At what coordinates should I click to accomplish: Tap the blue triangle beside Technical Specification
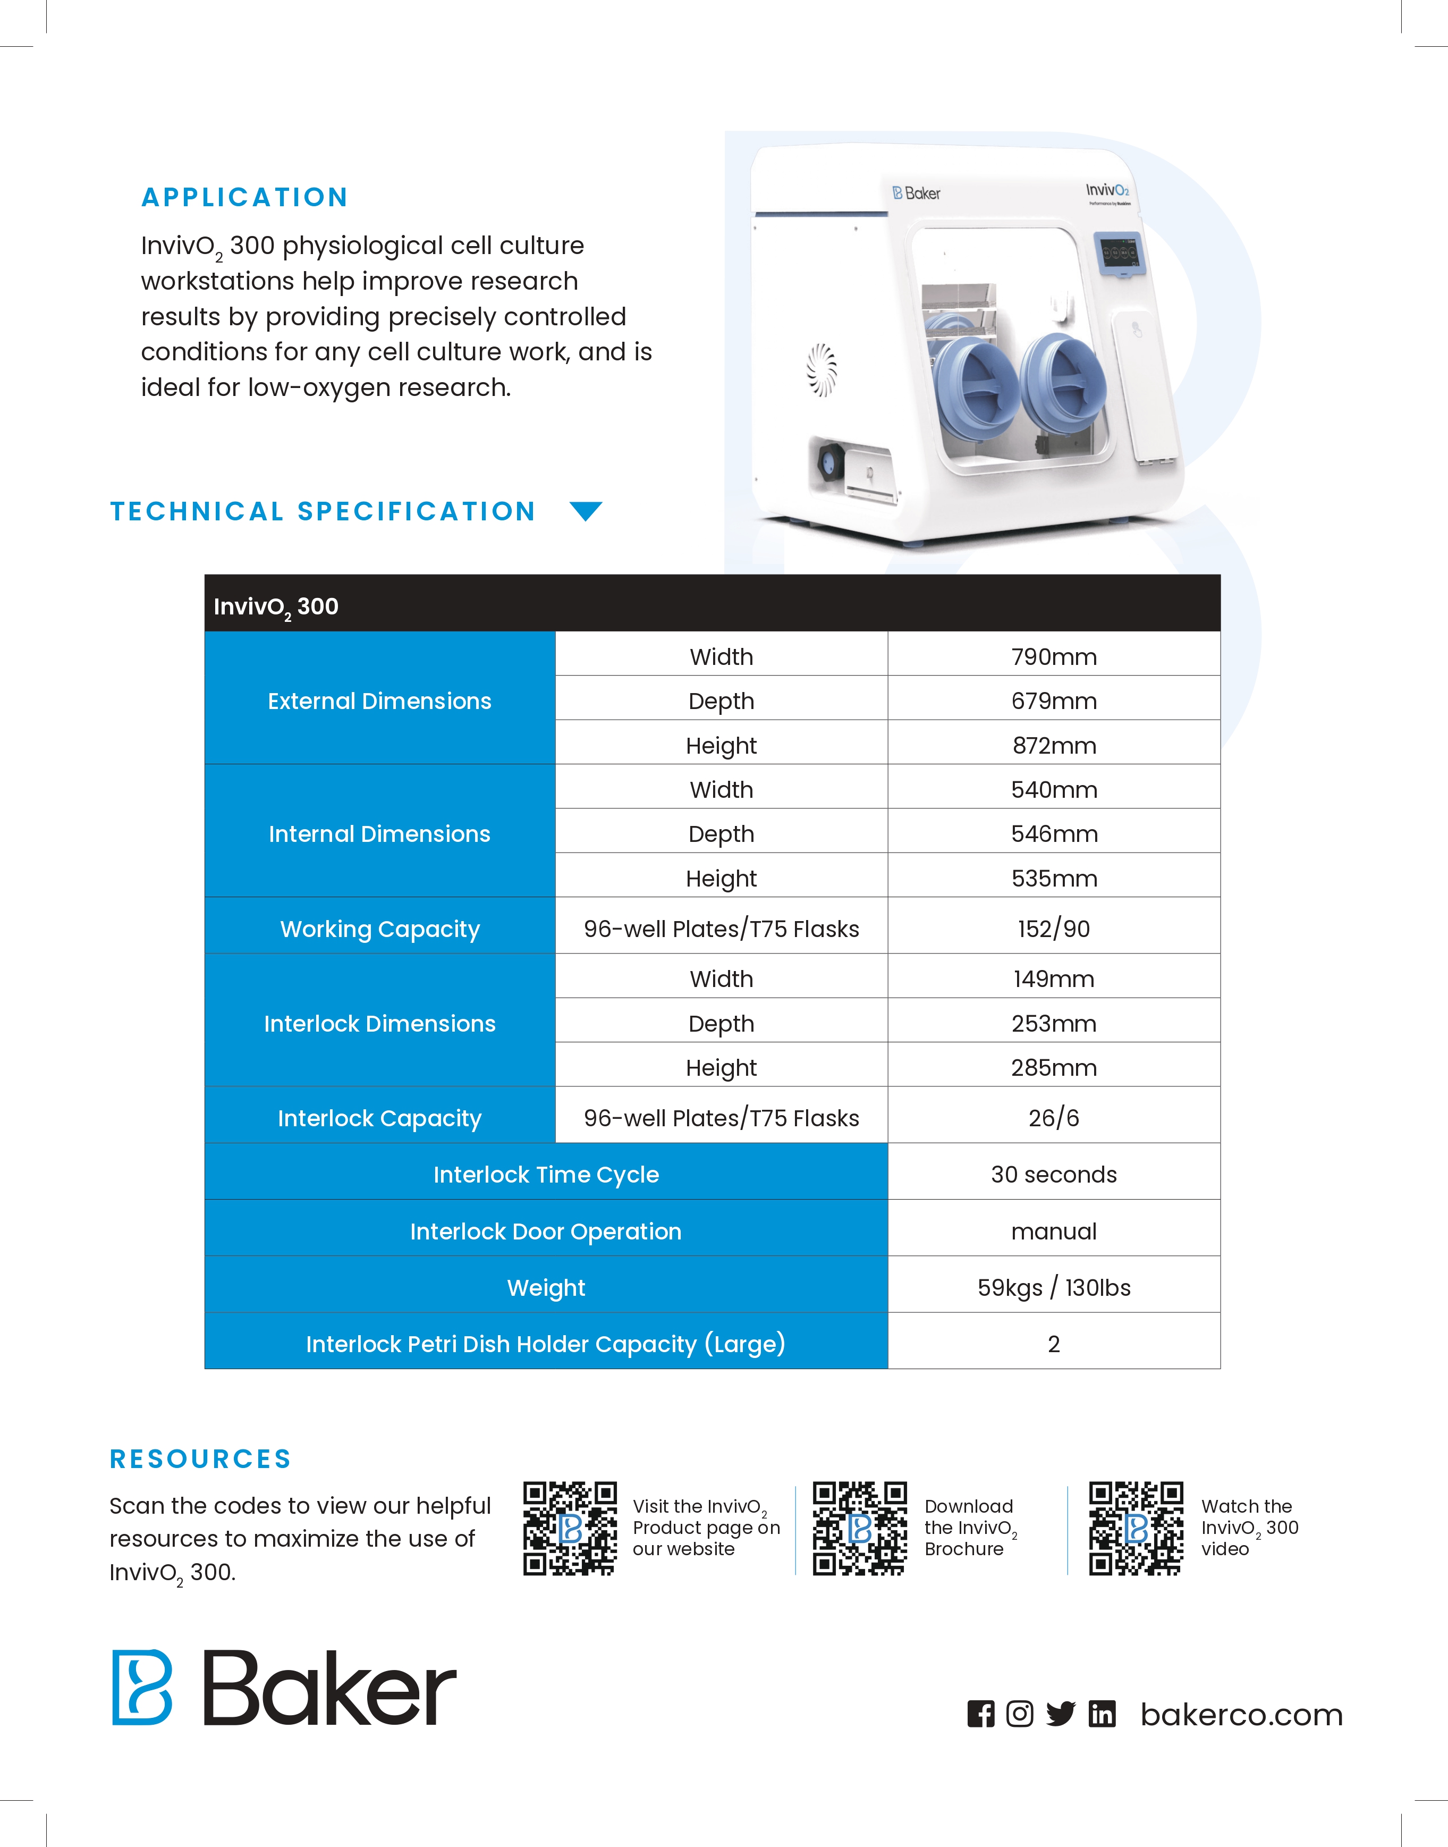(586, 510)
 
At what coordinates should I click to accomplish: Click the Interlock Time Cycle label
(546, 1175)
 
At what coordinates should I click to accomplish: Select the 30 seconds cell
(1054, 1175)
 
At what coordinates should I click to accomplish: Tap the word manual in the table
(1054, 1232)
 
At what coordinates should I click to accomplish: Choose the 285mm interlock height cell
(1054, 1068)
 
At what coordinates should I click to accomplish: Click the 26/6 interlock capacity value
(1054, 1118)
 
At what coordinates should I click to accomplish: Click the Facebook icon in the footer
(981, 1714)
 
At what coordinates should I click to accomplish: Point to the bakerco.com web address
(1241, 1715)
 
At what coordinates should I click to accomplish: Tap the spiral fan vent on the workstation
(822, 370)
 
